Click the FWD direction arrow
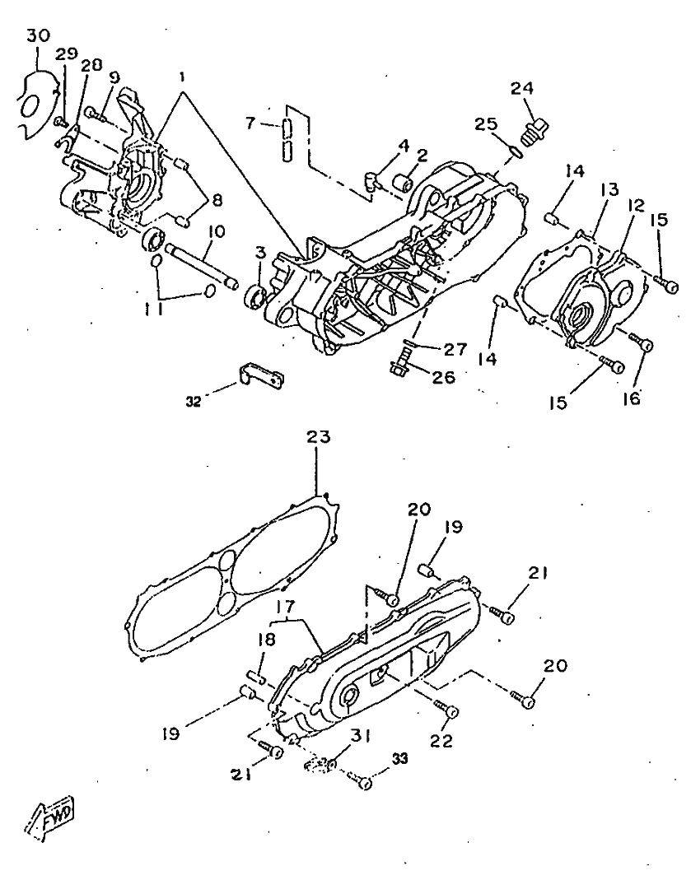(52, 815)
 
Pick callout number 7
(252, 123)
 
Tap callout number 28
(91, 65)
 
